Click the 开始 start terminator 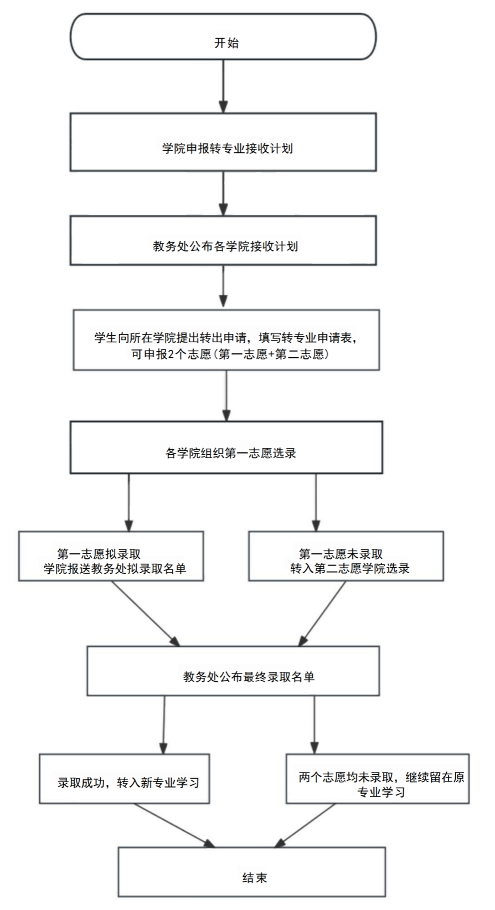[223, 37]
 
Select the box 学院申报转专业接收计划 [223, 142]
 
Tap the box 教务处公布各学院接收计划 [223, 240]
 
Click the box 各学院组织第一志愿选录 [226, 448]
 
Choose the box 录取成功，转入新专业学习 [124, 779]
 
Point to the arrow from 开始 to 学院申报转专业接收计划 [223, 86]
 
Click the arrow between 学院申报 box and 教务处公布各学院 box [223, 193]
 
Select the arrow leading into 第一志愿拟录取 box [128, 502]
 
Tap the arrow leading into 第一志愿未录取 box [316, 502]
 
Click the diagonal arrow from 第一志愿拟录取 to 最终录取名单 [146, 614]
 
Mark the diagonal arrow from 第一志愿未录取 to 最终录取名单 [322, 614]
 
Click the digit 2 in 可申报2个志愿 [171, 354]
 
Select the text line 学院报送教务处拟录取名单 [115, 568]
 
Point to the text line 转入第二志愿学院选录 [349, 568]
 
